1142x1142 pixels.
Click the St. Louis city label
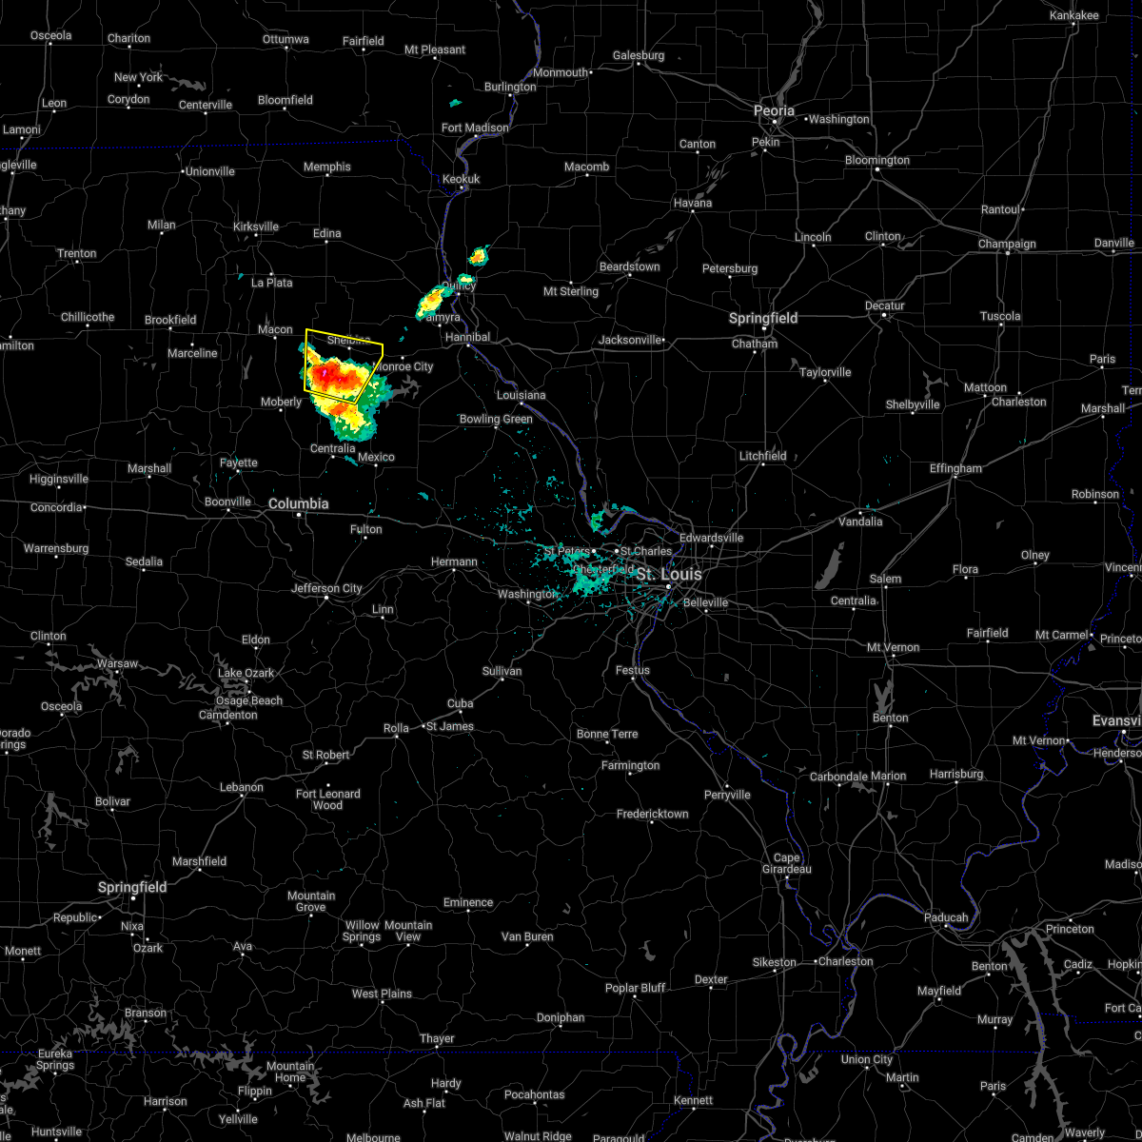[669, 575]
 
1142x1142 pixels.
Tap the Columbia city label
[298, 503]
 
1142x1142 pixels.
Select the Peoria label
[774, 111]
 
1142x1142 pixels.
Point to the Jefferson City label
[326, 588]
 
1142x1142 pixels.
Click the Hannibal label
[467, 337]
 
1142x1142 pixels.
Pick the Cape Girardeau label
[786, 863]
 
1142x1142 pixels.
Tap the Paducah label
[946, 917]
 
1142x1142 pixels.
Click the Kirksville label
[255, 226]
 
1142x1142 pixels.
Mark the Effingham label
[955, 468]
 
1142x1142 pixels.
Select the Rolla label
[396, 728]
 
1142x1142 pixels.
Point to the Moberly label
[281, 402]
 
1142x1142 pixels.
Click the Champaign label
[1007, 245]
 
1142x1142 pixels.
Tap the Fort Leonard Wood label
[327, 799]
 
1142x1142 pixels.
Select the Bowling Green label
[496, 419]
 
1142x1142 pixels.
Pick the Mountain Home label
[290, 1072]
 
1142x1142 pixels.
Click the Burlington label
[510, 87]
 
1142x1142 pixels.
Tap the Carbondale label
[837, 777]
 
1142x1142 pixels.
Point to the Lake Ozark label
[246, 673]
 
